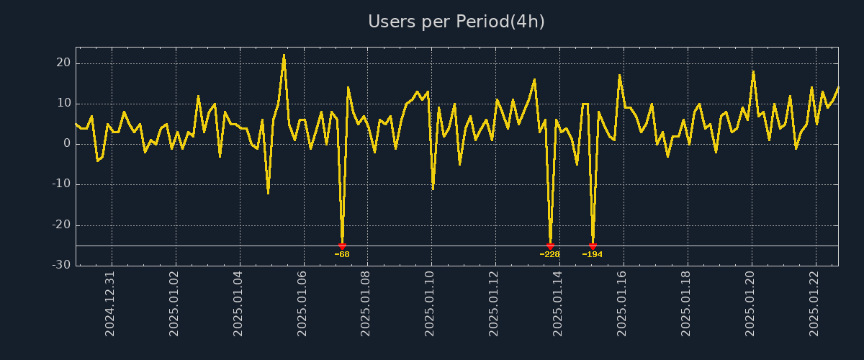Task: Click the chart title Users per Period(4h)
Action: [x=456, y=22]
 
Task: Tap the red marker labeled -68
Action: [x=342, y=246]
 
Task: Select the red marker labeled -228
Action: [x=550, y=246]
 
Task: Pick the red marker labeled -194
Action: [x=593, y=246]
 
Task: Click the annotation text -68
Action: [x=342, y=254]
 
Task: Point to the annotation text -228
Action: [x=550, y=254]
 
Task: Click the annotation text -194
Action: [x=593, y=254]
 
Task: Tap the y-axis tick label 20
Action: [x=63, y=63]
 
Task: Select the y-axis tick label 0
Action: [x=67, y=144]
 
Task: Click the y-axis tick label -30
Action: [x=62, y=265]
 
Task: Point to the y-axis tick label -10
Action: [x=62, y=184]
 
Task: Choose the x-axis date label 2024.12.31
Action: [x=111, y=303]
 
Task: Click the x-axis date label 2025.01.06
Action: [x=302, y=303]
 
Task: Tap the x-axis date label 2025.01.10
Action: [x=431, y=303]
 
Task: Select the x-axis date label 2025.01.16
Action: [x=623, y=303]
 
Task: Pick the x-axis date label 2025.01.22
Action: [x=815, y=303]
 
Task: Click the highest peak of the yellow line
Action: [x=284, y=55]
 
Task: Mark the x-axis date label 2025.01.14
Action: [x=559, y=303]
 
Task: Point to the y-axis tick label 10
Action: [x=63, y=104]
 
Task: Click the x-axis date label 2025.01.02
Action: [x=175, y=303]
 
